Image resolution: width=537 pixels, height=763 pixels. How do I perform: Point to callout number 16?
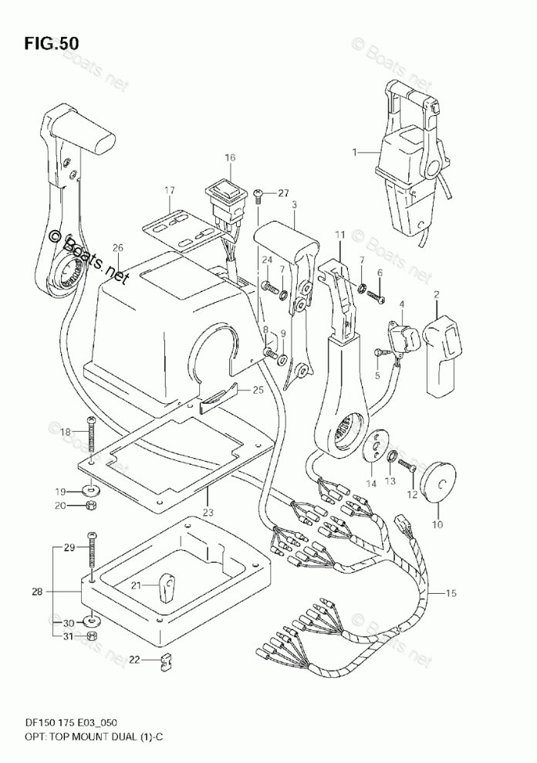click(x=230, y=158)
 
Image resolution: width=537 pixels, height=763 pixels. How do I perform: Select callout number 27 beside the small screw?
click(x=283, y=193)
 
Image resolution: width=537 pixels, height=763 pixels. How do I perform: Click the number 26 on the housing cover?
click(x=117, y=248)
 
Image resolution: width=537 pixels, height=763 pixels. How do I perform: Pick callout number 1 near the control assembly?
click(x=356, y=153)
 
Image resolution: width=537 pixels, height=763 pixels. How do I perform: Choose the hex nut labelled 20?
click(x=90, y=505)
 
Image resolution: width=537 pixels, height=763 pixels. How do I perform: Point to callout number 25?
click(x=258, y=390)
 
